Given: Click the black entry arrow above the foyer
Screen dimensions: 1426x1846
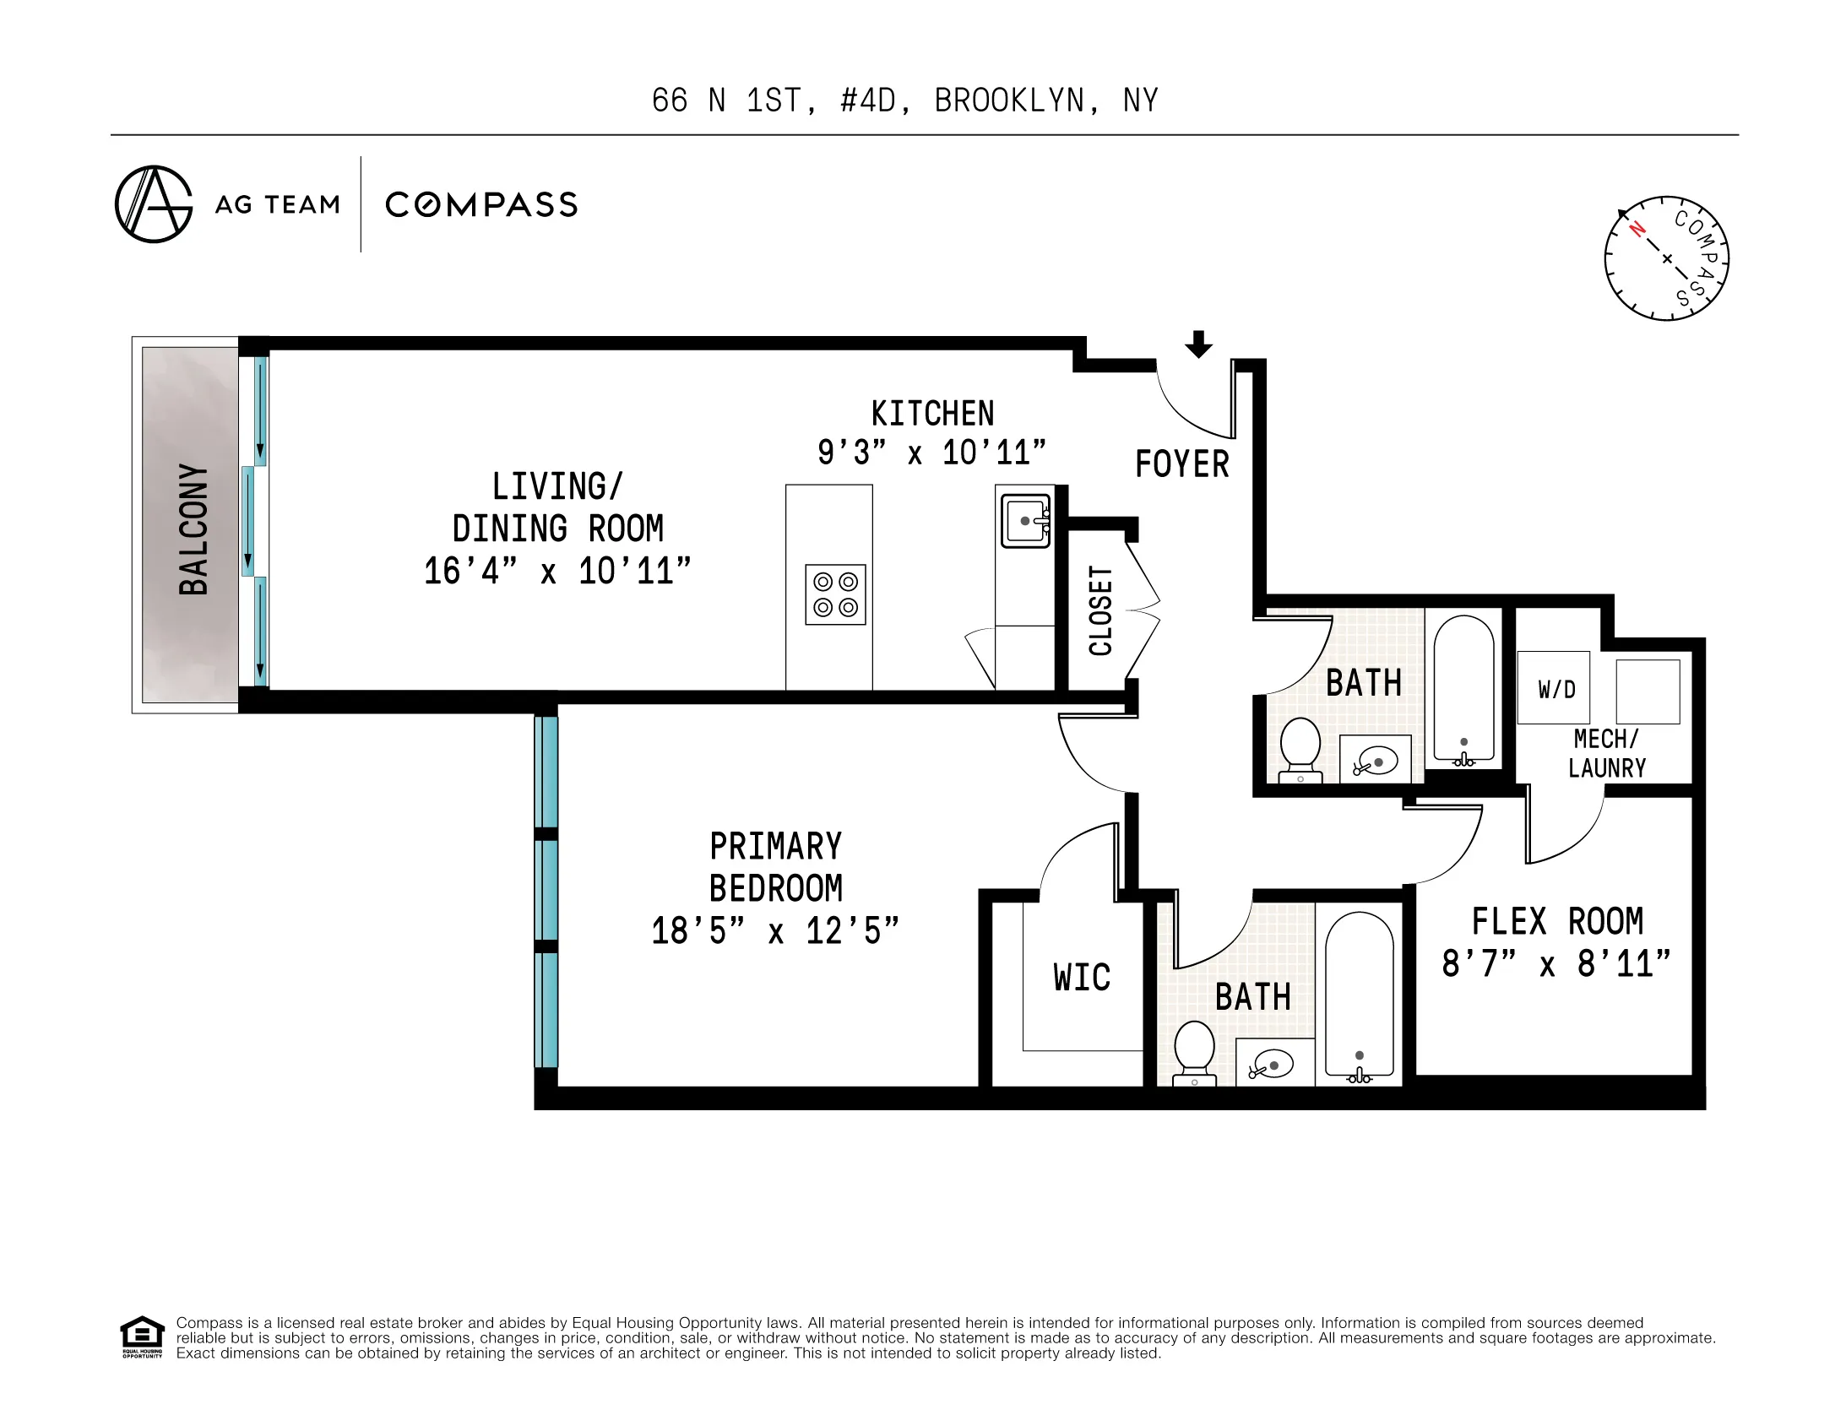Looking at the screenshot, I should coord(1197,344).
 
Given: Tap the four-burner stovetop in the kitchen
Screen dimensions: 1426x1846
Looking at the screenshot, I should coord(835,594).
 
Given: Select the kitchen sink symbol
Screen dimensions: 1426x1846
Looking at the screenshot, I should coord(1025,522).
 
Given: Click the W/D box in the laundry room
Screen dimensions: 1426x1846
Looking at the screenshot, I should coord(1554,687).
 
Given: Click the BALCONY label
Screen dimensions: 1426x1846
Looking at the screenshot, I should coord(193,529).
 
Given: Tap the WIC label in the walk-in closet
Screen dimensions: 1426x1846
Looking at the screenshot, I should coord(1081,977).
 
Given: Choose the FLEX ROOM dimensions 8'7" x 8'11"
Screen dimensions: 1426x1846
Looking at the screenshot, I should coord(1556,963).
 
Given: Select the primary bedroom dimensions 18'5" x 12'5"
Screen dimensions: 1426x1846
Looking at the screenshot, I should coord(774,930).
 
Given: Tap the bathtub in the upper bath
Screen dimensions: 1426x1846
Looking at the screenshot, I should coord(1464,689).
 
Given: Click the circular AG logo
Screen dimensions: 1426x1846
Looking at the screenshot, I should coord(154,203).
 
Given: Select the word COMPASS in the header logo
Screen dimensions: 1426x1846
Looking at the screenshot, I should coord(481,204).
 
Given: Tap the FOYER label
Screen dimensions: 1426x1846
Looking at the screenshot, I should coord(1181,464).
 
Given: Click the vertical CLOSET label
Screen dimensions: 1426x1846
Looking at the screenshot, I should coord(1099,610).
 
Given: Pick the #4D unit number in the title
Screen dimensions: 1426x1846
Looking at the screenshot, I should coord(867,100).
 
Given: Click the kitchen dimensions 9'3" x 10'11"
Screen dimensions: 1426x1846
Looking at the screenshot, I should coord(931,453).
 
